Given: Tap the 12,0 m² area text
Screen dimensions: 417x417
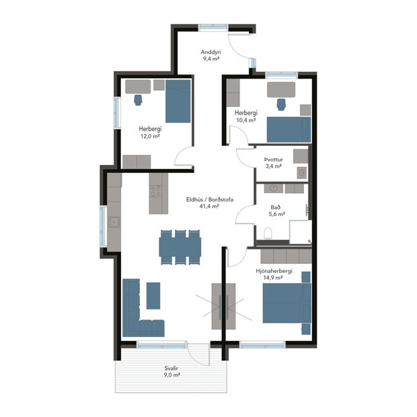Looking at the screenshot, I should pos(151,135).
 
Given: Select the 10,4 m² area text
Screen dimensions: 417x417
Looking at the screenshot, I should pos(245,120).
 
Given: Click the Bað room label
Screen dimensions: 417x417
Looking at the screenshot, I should pos(276,207).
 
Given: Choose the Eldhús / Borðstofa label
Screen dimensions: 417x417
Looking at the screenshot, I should pos(210,199).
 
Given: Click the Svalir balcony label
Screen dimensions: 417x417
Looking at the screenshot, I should pos(172,369).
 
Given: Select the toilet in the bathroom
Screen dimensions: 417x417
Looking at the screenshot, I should pos(268,233).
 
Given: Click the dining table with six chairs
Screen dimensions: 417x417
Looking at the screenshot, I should pos(180,246).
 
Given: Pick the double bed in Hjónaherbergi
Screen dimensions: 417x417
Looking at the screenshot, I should pos(286,303).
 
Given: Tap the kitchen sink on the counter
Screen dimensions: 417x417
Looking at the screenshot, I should pos(115,222).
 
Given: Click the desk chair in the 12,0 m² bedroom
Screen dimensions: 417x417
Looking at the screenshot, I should pos(139,100).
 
